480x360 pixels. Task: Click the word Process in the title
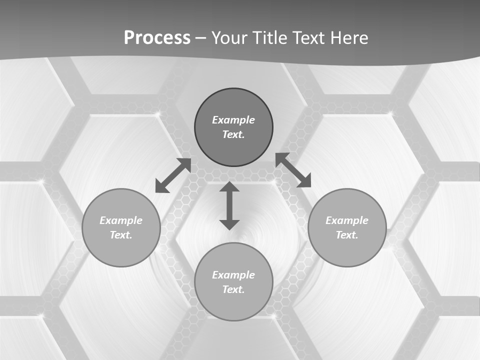tap(157, 38)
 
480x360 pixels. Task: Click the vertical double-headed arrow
tap(229, 205)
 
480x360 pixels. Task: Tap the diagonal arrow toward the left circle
tap(173, 175)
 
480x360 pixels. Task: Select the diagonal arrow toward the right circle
tap(293, 170)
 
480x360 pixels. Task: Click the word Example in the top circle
tap(233, 120)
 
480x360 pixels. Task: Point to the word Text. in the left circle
tap(121, 235)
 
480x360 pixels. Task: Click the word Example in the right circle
tap(347, 220)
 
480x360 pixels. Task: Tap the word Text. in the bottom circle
tap(233, 289)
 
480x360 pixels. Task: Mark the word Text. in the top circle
tap(233, 134)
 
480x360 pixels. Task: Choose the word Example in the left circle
tap(121, 220)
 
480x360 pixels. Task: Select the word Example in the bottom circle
tap(233, 275)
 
